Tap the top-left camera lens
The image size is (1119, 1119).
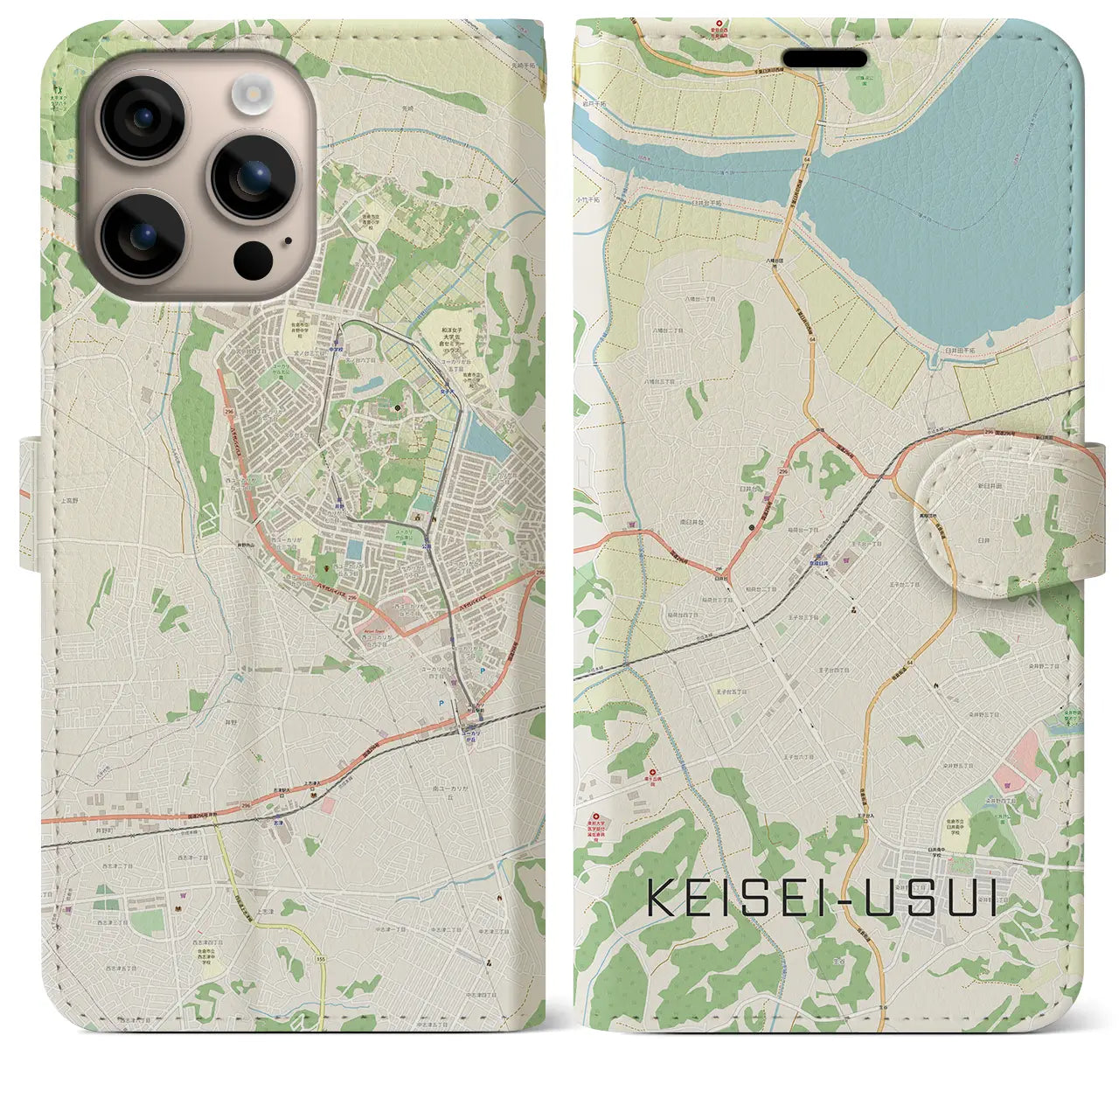(142, 118)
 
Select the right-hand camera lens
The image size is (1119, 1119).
(247, 177)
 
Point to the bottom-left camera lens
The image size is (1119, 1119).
(142, 234)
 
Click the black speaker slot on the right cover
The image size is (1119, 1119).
(824, 58)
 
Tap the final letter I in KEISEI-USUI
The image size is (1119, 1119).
(990, 898)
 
